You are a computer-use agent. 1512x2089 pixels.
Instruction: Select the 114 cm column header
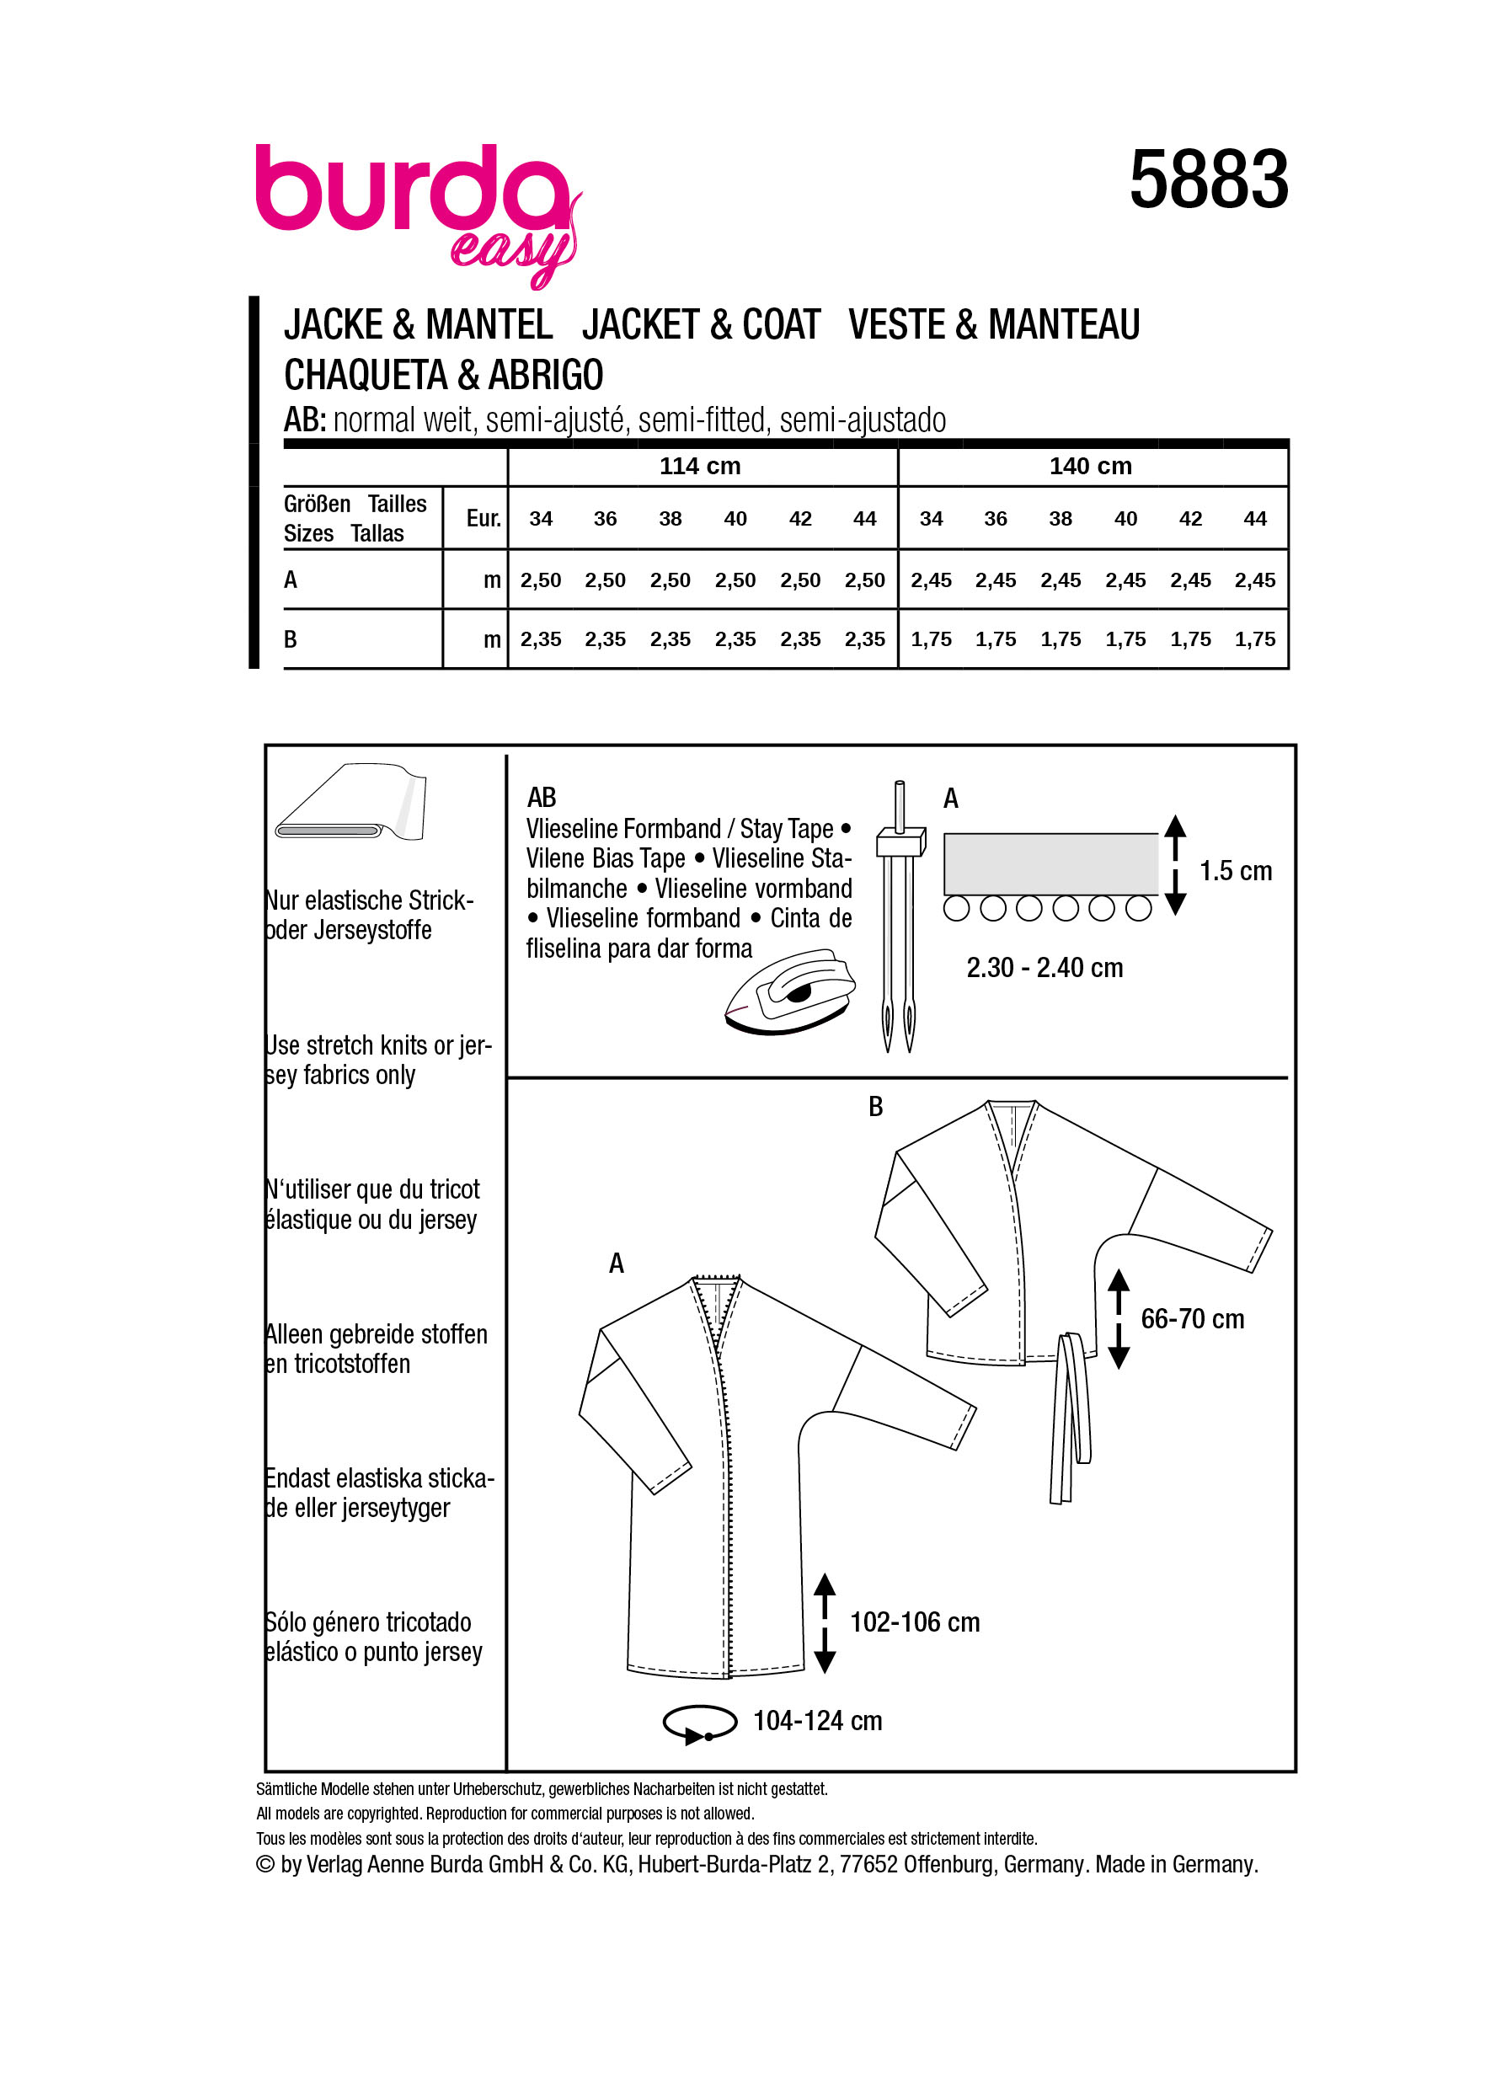[x=700, y=466]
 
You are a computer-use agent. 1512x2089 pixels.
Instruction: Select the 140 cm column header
[x=1090, y=466]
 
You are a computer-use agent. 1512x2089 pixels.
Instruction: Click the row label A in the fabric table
[x=291, y=580]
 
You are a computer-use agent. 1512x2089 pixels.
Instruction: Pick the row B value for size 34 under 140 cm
[x=931, y=639]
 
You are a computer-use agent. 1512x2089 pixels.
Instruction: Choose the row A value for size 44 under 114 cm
[x=864, y=580]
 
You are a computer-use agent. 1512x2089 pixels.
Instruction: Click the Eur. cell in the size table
[x=483, y=519]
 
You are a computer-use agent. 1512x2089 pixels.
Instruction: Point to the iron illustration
[x=790, y=992]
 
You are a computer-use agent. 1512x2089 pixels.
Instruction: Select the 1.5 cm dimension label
[x=1235, y=870]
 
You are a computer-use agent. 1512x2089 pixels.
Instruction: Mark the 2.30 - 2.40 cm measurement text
[x=1045, y=968]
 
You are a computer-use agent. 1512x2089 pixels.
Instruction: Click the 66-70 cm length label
[x=1192, y=1319]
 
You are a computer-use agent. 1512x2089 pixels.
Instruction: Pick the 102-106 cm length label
[x=915, y=1622]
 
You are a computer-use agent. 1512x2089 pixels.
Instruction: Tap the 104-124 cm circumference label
[x=817, y=1721]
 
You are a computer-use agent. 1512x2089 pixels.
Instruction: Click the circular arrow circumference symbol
[x=700, y=1723]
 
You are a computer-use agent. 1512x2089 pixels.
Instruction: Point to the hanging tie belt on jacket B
[x=1070, y=1418]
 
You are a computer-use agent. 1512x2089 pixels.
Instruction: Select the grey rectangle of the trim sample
[x=1050, y=863]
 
